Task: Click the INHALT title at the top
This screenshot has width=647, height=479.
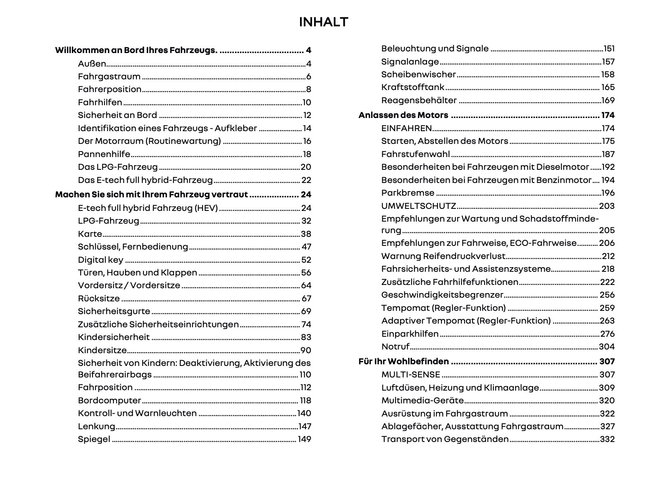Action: tap(323, 22)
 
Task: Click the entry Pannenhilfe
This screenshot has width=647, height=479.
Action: tap(104, 154)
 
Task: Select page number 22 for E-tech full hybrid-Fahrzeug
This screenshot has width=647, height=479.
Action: tap(306, 180)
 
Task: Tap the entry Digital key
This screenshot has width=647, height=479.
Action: tap(101, 260)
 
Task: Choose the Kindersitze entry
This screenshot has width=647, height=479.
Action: tap(102, 350)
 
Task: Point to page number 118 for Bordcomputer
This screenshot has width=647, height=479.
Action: tap(305, 400)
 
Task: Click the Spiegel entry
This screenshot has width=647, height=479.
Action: tap(94, 439)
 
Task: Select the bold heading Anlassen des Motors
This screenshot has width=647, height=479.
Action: tap(403, 115)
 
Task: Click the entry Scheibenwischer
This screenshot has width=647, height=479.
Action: tap(418, 74)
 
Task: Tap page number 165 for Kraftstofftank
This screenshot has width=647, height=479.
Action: tap(608, 87)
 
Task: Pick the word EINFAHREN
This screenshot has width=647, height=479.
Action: tap(407, 128)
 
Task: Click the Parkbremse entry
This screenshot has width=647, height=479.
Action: tap(408, 193)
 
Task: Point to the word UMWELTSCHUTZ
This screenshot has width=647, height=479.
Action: tap(418, 206)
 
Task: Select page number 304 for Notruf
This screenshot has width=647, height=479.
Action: tap(607, 347)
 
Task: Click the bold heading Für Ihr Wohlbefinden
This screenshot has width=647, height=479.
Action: tap(404, 361)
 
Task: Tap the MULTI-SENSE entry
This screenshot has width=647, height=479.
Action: tap(411, 375)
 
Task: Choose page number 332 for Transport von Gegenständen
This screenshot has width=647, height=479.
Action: tap(607, 439)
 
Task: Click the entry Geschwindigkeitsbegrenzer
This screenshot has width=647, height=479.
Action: tap(442, 295)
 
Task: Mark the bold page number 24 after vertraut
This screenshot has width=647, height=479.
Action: tap(306, 194)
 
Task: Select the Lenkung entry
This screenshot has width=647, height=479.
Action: tap(97, 426)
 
